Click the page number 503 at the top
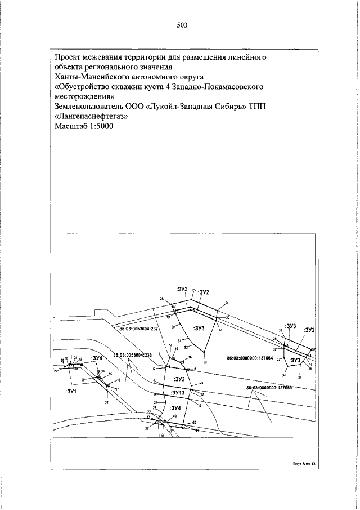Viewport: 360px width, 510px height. click(x=181, y=25)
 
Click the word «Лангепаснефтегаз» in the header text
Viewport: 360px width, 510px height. click(x=91, y=117)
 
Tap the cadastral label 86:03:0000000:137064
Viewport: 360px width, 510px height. click(x=250, y=358)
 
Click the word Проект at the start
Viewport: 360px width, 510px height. click(x=68, y=56)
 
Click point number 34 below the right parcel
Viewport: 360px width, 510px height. click(x=284, y=375)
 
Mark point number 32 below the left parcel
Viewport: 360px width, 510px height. click(x=106, y=403)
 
